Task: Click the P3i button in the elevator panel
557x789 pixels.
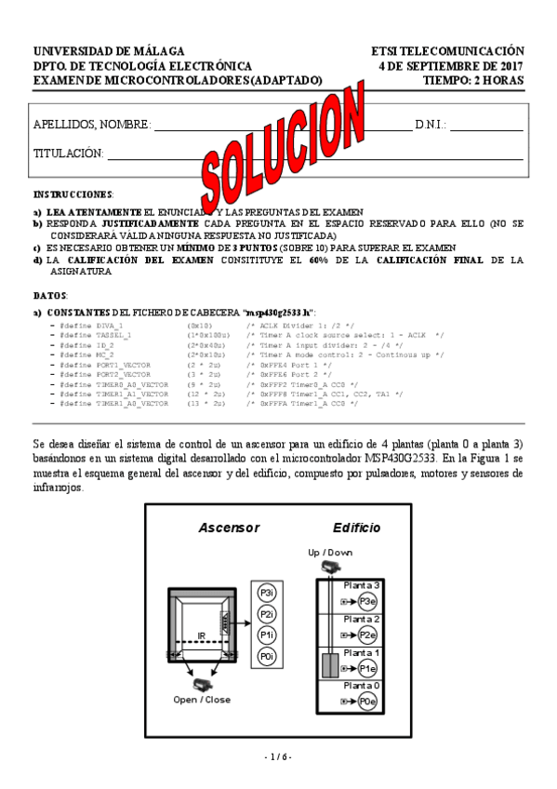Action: (x=267, y=593)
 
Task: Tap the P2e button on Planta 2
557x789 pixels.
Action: (x=368, y=635)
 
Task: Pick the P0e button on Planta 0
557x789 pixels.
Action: (x=368, y=701)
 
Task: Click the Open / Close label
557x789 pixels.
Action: (x=202, y=700)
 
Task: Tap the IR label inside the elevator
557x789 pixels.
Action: (x=200, y=635)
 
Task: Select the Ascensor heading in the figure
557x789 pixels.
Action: (x=228, y=528)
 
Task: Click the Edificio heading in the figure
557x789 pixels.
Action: (x=356, y=528)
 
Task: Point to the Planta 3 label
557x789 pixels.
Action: (x=362, y=585)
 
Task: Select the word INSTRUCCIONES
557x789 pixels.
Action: (x=73, y=195)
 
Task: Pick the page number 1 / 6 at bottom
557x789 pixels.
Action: (x=278, y=756)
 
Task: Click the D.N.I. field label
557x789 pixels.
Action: (x=431, y=125)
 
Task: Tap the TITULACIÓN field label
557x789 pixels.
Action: (x=68, y=153)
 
